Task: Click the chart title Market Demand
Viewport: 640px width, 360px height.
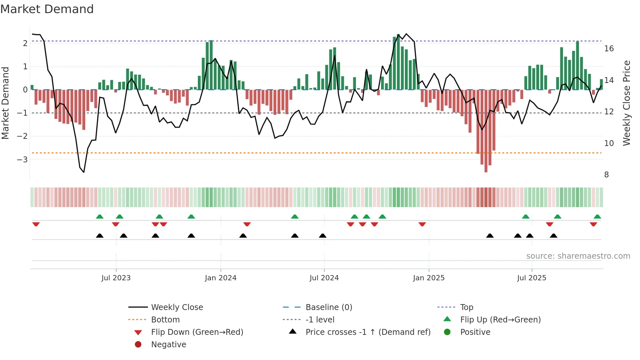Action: tap(47, 9)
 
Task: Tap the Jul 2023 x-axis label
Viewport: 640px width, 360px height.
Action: tap(116, 278)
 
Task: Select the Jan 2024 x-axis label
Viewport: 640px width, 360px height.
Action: tap(220, 278)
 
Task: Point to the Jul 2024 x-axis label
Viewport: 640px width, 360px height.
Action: tap(324, 278)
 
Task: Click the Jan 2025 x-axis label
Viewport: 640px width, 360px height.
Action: tap(428, 278)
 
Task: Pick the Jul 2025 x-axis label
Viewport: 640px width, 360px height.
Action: tap(532, 278)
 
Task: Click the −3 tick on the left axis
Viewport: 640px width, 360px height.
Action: tap(22, 160)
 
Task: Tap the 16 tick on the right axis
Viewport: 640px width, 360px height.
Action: tap(609, 49)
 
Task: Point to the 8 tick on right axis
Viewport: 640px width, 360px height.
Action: tap(606, 175)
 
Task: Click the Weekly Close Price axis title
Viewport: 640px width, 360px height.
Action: tap(627, 103)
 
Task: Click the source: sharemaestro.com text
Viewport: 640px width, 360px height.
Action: tap(578, 256)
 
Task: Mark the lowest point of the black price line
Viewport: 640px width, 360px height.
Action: tap(84, 172)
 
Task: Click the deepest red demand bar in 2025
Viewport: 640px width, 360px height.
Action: tap(486, 131)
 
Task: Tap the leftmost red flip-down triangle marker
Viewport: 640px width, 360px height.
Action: tap(36, 224)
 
